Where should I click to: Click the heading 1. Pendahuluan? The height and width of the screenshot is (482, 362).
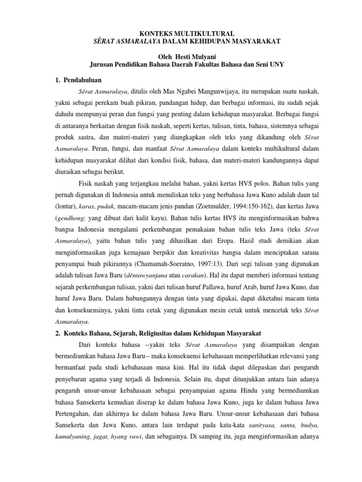tap(79, 80)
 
